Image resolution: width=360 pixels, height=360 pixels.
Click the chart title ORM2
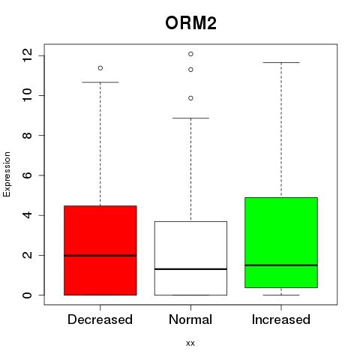(x=190, y=23)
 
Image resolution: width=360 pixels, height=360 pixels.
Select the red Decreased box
(x=100, y=250)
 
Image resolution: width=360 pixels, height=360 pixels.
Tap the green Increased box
(x=281, y=242)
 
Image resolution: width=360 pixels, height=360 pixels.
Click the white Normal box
(x=190, y=258)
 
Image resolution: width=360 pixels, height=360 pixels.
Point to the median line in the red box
(x=100, y=256)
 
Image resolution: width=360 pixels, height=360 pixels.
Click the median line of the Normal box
(x=190, y=269)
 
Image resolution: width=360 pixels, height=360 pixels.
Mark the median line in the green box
(x=281, y=265)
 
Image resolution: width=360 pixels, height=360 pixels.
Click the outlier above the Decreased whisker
(x=100, y=68)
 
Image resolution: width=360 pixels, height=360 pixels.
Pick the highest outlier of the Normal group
(x=190, y=54)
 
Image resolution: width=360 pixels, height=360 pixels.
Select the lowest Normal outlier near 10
(x=190, y=98)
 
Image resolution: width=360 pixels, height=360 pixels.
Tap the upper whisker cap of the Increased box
(x=281, y=62)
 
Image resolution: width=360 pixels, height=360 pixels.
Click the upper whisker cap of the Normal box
(x=190, y=118)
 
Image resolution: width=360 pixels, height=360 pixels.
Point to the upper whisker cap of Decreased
(x=100, y=82)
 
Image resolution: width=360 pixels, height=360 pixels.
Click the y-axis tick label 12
(x=27, y=55)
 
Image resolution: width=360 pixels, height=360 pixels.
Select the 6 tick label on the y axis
(x=27, y=175)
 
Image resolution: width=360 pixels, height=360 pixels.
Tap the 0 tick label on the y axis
(x=27, y=295)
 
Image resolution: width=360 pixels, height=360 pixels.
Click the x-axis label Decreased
(x=100, y=319)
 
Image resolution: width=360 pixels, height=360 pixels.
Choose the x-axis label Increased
(x=281, y=319)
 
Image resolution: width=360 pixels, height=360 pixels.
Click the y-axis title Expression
(x=7, y=174)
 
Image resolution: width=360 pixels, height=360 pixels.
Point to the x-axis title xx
(x=190, y=343)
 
